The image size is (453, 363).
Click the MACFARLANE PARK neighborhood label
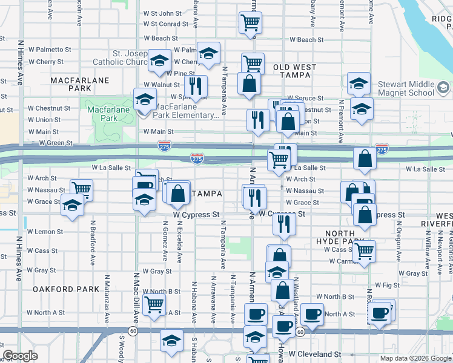tap(79, 84)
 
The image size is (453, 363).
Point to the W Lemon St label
tap(45, 232)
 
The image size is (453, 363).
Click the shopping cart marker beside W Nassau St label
tap(81, 189)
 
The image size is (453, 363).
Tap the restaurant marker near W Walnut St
tap(195, 85)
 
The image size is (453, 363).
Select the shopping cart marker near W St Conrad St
tap(251, 22)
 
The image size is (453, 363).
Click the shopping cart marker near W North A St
tap(154, 305)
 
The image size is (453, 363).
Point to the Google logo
tap(20, 356)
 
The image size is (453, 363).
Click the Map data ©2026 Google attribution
tap(415, 358)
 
